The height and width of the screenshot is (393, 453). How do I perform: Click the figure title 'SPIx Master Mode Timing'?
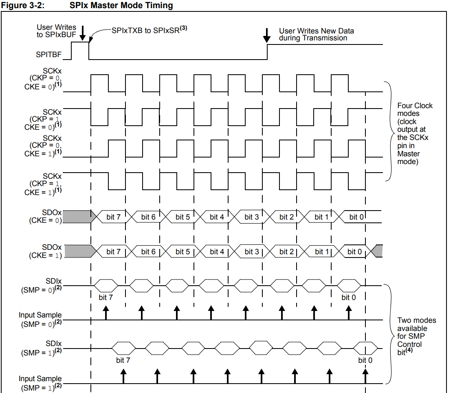pyautogui.click(x=121, y=5)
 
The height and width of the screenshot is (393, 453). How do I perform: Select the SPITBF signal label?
pyautogui.click(x=48, y=54)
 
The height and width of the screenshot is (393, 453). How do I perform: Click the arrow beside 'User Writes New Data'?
pyautogui.click(x=267, y=36)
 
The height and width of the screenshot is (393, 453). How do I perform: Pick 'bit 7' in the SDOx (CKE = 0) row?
pyautogui.click(x=113, y=217)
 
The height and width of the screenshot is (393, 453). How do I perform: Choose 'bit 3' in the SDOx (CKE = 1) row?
pyautogui.click(x=252, y=252)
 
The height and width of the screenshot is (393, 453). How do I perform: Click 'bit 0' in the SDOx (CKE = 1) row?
pyautogui.click(x=354, y=252)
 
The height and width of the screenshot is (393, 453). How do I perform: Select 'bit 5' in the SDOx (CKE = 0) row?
pyautogui.click(x=183, y=217)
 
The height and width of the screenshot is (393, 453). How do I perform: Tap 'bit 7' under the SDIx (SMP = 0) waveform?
pyautogui.click(x=106, y=297)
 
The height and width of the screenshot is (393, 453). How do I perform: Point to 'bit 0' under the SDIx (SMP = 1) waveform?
pyautogui.click(x=365, y=360)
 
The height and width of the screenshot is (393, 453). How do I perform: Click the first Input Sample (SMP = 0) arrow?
pyautogui.click(x=106, y=313)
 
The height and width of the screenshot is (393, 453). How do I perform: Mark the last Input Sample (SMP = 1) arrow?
pyautogui.click(x=365, y=376)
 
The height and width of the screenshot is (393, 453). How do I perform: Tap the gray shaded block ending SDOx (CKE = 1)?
pyautogui.click(x=377, y=251)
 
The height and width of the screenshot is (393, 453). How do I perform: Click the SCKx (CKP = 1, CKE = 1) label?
pyautogui.click(x=43, y=184)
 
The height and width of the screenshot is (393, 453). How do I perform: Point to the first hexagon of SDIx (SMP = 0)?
pyautogui.click(x=106, y=286)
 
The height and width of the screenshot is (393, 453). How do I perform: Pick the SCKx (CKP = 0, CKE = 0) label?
pyautogui.click(x=43, y=79)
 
